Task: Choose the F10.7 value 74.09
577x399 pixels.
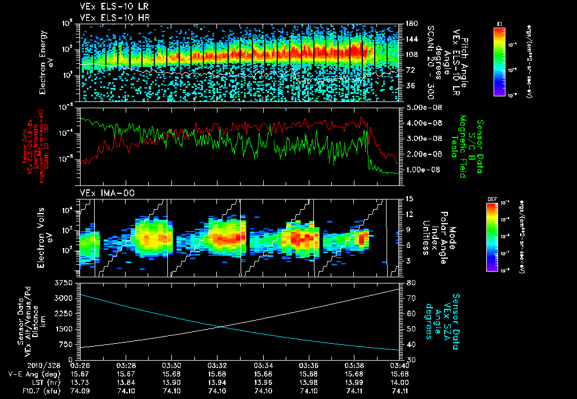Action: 79,389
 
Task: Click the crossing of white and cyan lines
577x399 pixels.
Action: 218,326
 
